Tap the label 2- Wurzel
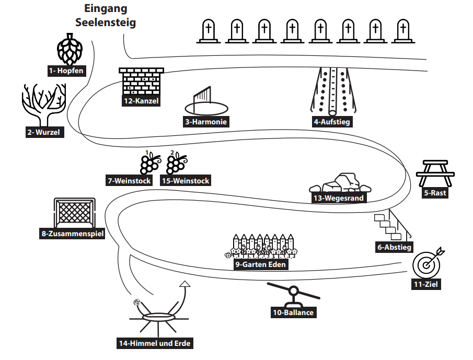click(x=44, y=132)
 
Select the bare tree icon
click(x=44, y=104)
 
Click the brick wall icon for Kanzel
click(x=142, y=80)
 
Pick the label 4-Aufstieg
click(x=332, y=122)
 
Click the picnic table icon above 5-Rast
click(x=435, y=172)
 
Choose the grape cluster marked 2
click(x=176, y=163)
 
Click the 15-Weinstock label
click(x=185, y=181)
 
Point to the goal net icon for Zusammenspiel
click(x=74, y=212)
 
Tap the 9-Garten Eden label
click(x=261, y=265)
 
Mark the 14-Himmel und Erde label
click(x=155, y=343)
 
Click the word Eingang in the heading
click(x=106, y=9)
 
